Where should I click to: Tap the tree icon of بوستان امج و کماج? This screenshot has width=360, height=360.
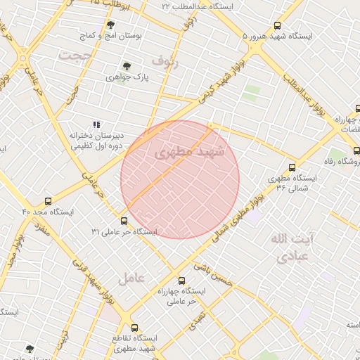110,24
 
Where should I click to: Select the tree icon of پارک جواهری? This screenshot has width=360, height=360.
127,66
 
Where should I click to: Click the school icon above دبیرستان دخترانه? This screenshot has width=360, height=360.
96,124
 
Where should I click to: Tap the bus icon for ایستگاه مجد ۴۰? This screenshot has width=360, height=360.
48,201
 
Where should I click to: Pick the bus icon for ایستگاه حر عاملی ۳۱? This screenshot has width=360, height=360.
124,221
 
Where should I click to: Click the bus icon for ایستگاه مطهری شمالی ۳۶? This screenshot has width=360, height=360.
272,178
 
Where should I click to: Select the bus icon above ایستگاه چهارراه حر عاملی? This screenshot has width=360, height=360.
182,281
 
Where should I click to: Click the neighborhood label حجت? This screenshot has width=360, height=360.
76,54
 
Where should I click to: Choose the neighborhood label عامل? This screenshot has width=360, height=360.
131,278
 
